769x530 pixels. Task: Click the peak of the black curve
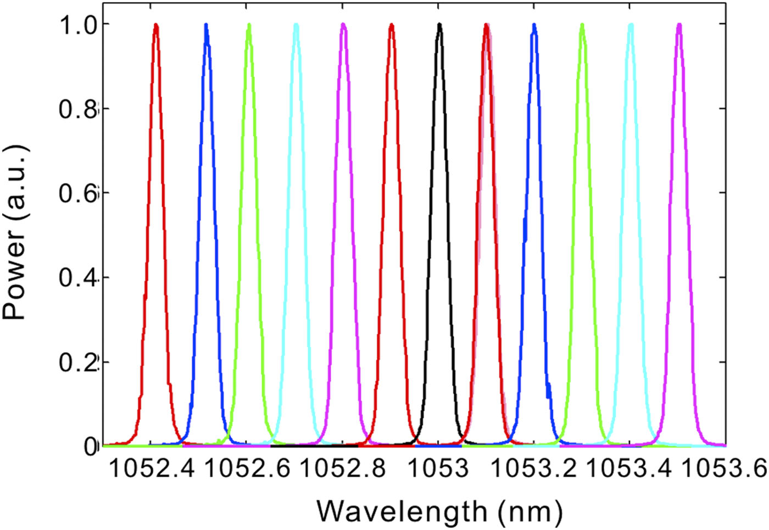[439, 24]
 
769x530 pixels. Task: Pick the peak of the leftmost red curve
[156, 25]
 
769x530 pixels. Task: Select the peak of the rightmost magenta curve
[679, 25]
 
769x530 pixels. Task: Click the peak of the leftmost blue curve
[207, 25]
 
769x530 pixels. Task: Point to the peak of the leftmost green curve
[249, 25]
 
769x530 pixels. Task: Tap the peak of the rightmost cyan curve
[631, 25]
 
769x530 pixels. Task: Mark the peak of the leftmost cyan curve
[296, 25]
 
